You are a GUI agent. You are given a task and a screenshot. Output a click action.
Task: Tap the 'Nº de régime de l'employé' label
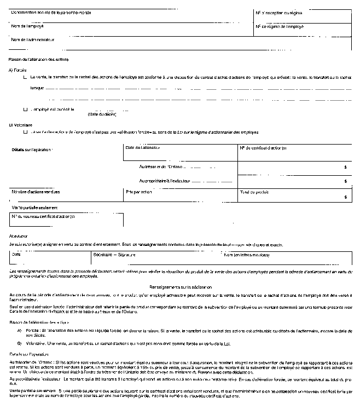pyautogui.click(x=280, y=26)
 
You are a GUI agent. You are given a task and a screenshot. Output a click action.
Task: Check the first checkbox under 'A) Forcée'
pyautogui.click(x=25, y=78)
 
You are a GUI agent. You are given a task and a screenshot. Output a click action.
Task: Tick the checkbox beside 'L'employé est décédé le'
pyautogui.click(x=25, y=109)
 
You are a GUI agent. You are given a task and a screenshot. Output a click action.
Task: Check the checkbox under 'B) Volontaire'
pyautogui.click(x=25, y=132)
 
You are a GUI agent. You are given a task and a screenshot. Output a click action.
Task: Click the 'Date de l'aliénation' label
pyautogui.click(x=143, y=148)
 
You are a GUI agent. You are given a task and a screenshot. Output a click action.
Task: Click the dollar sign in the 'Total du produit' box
pyautogui.click(x=346, y=197)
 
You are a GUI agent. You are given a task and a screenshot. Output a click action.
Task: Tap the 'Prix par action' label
pyautogui.click(x=138, y=192)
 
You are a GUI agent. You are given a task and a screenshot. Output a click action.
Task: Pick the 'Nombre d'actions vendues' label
pyautogui.click(x=36, y=192)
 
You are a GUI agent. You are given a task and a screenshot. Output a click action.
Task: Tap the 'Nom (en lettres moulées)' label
pyautogui.click(x=247, y=255)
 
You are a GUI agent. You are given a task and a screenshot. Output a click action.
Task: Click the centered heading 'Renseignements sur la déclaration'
pyautogui.click(x=181, y=287)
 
